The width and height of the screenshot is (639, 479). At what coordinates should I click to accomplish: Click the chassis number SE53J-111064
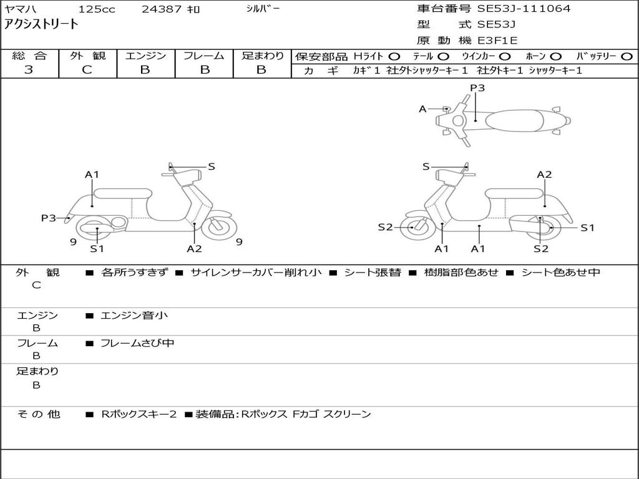(524, 9)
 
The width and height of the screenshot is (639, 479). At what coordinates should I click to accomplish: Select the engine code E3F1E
(497, 41)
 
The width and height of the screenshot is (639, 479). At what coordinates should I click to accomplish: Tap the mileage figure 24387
(162, 9)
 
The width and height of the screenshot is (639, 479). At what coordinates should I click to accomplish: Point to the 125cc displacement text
(97, 9)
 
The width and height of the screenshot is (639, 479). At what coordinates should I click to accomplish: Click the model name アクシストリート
(41, 24)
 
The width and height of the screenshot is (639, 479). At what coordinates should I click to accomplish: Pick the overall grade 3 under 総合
(29, 70)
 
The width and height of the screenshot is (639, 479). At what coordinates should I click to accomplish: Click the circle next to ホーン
(555, 57)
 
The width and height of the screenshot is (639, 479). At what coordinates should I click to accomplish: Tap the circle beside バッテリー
(627, 57)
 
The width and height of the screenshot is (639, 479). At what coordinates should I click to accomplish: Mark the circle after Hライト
(394, 57)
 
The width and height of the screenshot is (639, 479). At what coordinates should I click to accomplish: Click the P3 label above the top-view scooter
(477, 87)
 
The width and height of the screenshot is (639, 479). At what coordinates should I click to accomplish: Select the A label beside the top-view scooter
(422, 109)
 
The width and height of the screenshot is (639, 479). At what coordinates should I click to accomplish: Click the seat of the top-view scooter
(514, 120)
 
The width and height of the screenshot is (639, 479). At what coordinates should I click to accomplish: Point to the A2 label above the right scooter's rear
(544, 175)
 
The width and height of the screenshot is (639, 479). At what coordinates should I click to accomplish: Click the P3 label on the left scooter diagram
(49, 218)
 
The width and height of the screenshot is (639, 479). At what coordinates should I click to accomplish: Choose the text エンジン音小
(134, 315)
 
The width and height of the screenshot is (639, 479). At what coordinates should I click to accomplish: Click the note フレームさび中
(137, 344)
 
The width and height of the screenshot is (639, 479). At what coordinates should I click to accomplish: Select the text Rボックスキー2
(139, 414)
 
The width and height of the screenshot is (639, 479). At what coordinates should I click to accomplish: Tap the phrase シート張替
(373, 273)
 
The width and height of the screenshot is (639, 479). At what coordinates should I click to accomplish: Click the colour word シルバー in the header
(263, 9)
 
